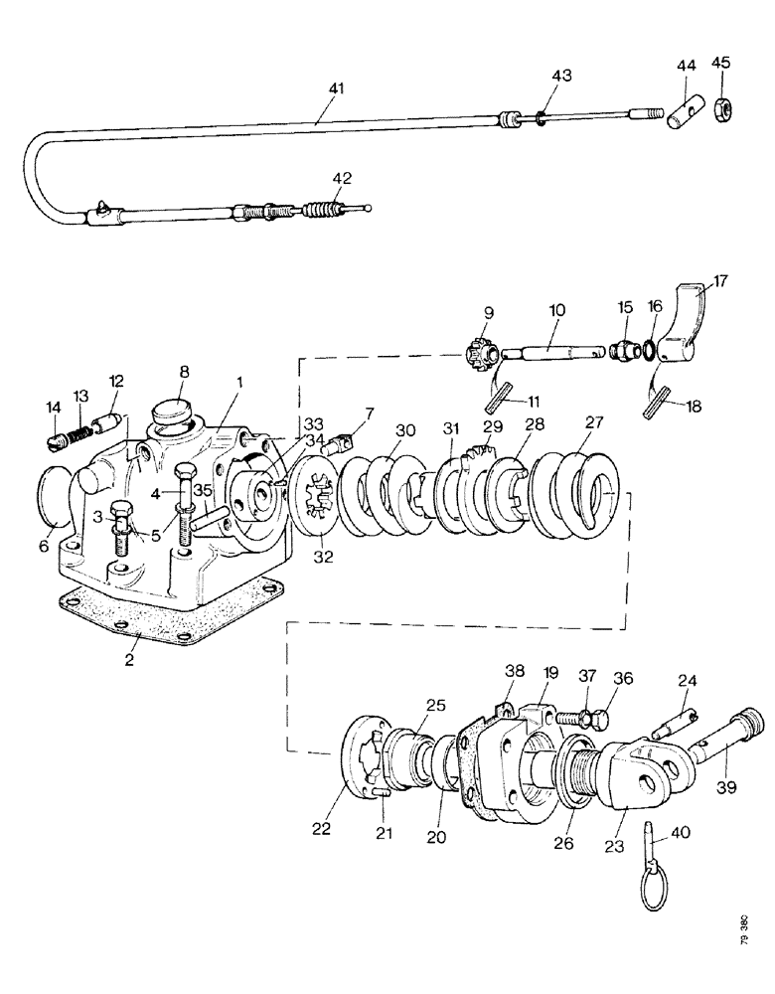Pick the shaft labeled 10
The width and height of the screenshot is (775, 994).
pos(552,351)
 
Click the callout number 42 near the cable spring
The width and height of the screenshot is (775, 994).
pos(342,179)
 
